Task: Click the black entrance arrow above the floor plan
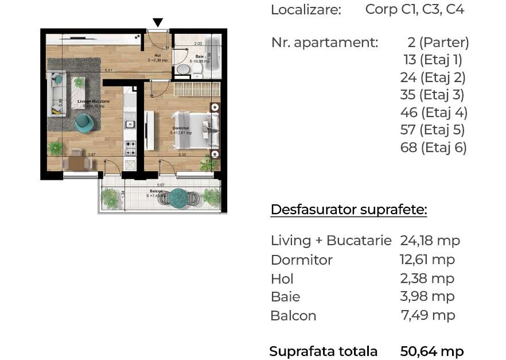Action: tap(158, 22)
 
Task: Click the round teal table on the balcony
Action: tap(179, 196)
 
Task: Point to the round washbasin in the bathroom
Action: tap(183, 69)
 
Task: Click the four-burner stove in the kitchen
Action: tap(130, 149)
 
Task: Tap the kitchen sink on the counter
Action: tap(130, 123)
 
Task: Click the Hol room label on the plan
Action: tap(157, 56)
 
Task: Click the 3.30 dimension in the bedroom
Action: tap(182, 155)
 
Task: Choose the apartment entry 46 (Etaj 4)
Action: tap(434, 112)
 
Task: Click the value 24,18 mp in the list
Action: tap(430, 241)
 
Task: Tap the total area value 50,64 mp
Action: tap(431, 351)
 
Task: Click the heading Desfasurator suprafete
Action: tap(348, 210)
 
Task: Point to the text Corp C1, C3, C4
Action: tap(414, 9)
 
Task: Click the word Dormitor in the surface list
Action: tap(301, 260)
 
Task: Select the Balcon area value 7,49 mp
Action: tap(427, 315)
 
